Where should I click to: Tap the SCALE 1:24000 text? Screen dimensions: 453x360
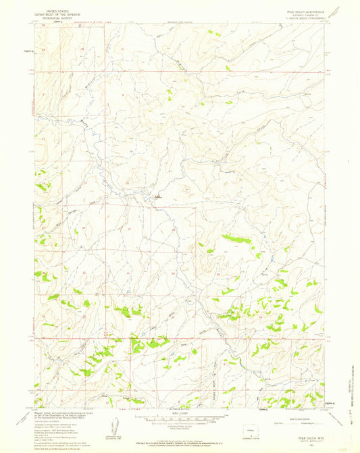coord(178,411)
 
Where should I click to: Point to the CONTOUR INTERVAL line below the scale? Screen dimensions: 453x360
coord(178,427)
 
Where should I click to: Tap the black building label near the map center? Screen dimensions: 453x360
coord(158,196)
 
